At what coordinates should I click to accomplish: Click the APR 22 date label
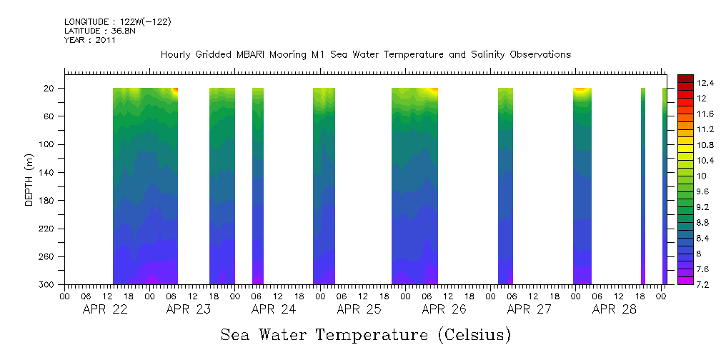(x=105, y=309)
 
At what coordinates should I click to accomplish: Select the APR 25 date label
(x=359, y=309)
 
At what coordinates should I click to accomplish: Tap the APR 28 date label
(x=614, y=309)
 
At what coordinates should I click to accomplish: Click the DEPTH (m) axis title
(x=29, y=179)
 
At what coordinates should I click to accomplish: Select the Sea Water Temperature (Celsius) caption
(x=365, y=335)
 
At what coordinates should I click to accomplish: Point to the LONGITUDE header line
(x=118, y=22)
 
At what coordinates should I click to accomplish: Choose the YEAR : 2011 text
(x=90, y=41)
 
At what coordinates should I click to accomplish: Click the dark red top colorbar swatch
(x=685, y=79)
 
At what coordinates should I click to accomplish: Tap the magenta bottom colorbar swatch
(x=685, y=280)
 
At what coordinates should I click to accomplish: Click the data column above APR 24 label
(x=258, y=186)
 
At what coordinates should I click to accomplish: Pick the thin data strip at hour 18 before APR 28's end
(x=643, y=186)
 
